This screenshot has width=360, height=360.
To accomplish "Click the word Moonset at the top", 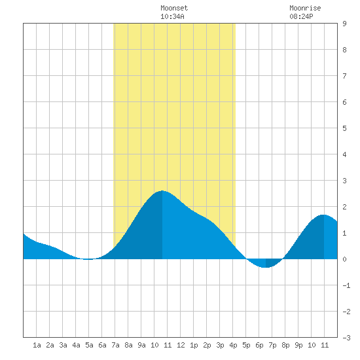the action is [x=174, y=8].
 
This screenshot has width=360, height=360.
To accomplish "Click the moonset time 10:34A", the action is [x=172, y=16].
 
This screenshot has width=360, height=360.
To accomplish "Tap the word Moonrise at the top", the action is [x=305, y=8].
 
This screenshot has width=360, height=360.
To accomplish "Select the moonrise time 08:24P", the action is [x=301, y=16].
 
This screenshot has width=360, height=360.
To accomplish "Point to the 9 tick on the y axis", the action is [x=344, y=24].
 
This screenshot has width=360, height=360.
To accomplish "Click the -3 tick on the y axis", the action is [x=346, y=338].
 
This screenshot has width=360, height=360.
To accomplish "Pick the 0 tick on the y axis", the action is [x=344, y=259].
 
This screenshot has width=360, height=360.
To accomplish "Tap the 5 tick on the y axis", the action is [x=344, y=128].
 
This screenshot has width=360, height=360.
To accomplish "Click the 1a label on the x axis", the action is [x=37, y=345].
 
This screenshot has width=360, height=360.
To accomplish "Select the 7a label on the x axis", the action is [x=115, y=345].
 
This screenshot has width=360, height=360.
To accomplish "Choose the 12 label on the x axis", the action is [x=181, y=345].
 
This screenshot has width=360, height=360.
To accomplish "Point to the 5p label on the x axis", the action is [x=246, y=345].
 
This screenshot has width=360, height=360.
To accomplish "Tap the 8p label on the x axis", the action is [x=285, y=345].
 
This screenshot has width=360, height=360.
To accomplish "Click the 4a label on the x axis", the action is [x=76, y=345].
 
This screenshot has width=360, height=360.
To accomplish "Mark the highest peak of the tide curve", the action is [x=162, y=190].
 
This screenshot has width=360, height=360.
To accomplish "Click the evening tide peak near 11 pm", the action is [x=324, y=215].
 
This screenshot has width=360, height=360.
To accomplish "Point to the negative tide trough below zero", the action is [x=265, y=267].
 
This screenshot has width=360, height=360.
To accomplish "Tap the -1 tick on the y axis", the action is [x=346, y=285].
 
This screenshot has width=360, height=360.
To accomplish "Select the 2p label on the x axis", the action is [x=207, y=345].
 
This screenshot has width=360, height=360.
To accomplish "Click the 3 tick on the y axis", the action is [x=344, y=181].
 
